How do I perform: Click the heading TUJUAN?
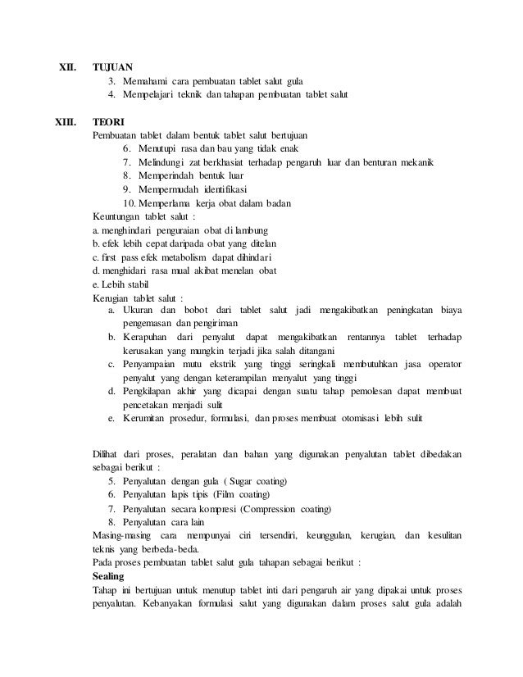113,66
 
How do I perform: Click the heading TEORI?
108,120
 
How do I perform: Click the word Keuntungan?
116,217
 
